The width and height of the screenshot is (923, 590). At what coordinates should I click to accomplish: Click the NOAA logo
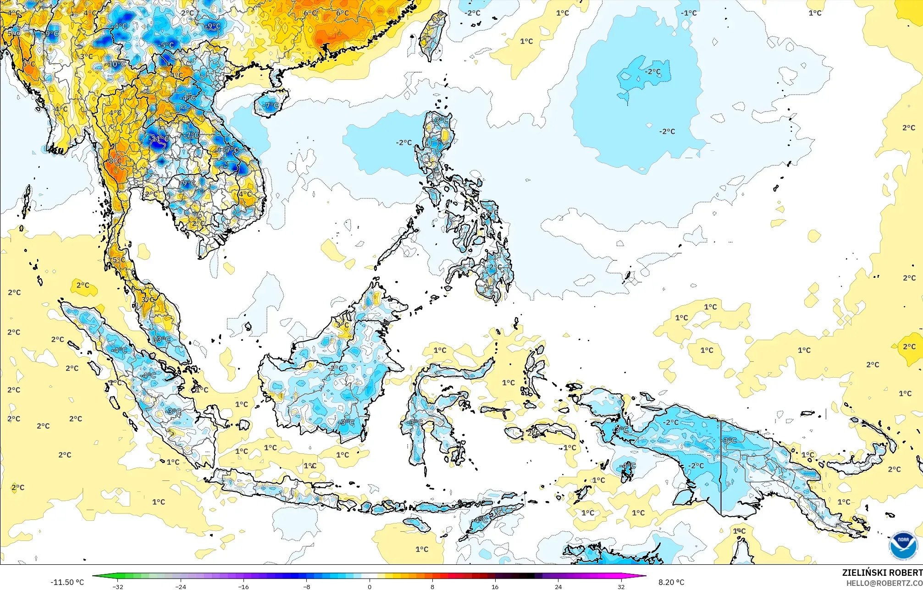[x=903, y=546]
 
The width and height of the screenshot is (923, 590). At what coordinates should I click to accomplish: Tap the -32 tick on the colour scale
[x=118, y=586]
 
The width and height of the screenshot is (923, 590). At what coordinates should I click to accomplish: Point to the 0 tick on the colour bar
[x=369, y=586]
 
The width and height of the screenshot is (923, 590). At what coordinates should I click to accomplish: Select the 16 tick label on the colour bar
[x=495, y=586]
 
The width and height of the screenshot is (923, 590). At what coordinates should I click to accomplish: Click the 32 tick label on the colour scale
[x=620, y=586]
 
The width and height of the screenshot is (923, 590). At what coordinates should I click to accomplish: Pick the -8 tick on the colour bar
[x=306, y=586]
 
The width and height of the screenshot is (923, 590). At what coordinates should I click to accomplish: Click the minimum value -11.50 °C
[x=67, y=582]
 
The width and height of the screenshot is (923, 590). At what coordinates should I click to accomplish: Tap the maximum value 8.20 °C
[x=671, y=582]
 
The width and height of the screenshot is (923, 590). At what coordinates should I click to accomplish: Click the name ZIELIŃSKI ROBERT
[x=882, y=573]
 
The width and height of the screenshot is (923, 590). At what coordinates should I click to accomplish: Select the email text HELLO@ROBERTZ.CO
[x=884, y=583]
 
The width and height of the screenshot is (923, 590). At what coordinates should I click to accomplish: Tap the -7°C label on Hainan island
[x=271, y=105]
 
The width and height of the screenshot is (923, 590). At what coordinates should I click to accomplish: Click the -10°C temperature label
[x=116, y=64]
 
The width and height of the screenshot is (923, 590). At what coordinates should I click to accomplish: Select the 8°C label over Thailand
[x=115, y=161]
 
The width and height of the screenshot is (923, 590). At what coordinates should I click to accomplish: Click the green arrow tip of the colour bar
[x=94, y=576]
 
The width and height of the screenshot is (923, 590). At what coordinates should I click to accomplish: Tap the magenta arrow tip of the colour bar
[x=644, y=576]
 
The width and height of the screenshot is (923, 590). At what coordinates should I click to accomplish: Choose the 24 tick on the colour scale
[x=558, y=586]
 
